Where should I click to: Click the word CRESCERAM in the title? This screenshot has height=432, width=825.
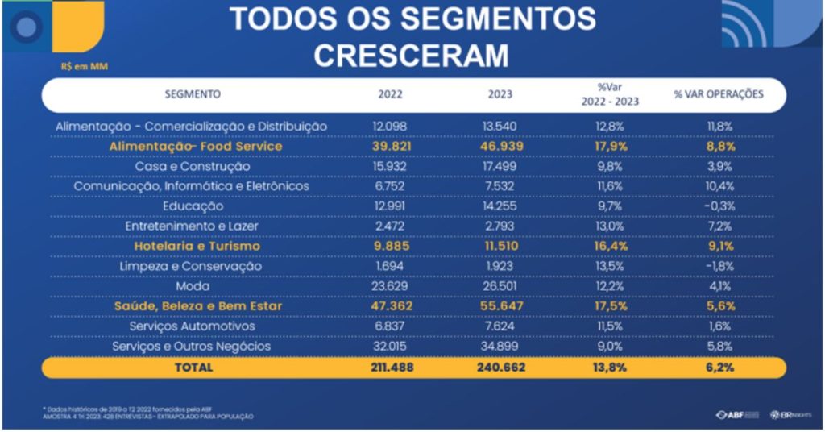coord(412,55)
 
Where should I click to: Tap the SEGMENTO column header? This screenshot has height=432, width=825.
coord(193,94)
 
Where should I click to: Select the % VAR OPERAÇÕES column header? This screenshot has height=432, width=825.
coord(719,94)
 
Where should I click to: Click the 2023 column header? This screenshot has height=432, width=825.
coord(500,94)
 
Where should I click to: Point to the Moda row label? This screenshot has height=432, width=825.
coord(193,286)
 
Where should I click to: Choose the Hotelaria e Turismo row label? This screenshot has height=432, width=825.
coord(197,246)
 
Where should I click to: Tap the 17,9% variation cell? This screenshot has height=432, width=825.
coord(610,147)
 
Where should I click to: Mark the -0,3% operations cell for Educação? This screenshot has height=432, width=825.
coord(719,206)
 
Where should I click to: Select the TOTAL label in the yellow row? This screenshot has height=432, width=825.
coord(193,367)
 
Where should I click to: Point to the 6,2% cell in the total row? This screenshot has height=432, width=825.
coord(719,367)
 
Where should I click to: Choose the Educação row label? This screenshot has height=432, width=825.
coord(193,206)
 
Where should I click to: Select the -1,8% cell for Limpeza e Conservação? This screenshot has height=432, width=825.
coord(719,266)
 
